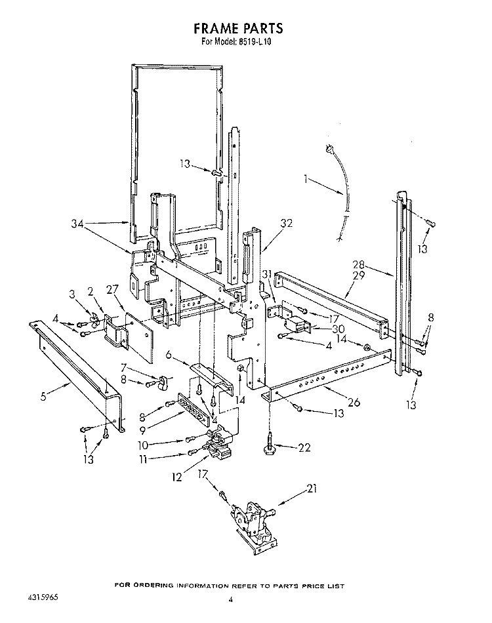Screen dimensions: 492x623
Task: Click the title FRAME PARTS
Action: click(238, 28)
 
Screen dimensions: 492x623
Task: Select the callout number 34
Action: click(77, 224)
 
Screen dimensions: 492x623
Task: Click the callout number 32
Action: click(286, 223)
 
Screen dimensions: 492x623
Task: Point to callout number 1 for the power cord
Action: click(306, 179)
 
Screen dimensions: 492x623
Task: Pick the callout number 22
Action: click(304, 447)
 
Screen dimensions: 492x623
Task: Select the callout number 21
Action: click(312, 489)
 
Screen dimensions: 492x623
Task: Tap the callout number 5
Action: click(43, 396)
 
